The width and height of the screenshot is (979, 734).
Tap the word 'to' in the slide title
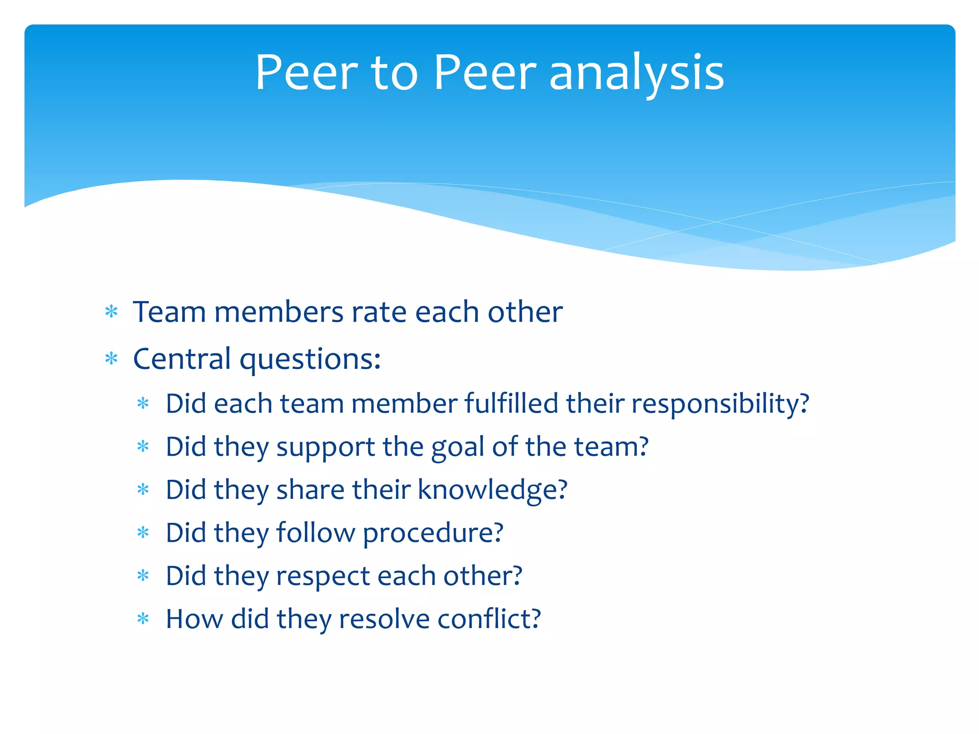coord(394,74)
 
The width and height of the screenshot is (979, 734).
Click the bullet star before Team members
coord(111,312)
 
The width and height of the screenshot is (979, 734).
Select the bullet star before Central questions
coord(111,358)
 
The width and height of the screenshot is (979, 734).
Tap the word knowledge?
coord(492,490)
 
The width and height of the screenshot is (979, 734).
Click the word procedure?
coord(433,534)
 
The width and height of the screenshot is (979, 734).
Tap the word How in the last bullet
coord(194,619)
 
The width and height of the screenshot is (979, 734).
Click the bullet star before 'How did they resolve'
coord(143,619)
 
